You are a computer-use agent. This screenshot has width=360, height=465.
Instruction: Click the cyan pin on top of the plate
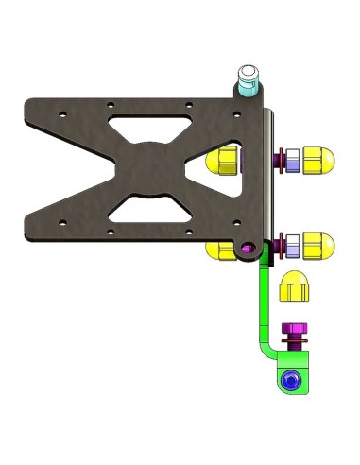pos(249,81)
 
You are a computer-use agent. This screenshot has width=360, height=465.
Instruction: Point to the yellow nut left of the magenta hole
pos(222,249)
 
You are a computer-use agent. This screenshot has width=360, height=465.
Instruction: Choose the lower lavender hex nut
pos(293,246)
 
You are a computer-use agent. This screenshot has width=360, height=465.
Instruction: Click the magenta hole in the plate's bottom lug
pos(248,249)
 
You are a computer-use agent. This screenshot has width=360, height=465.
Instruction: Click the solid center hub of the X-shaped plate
pos(147,166)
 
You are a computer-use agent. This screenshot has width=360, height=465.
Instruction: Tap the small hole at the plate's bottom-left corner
pos(62,223)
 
